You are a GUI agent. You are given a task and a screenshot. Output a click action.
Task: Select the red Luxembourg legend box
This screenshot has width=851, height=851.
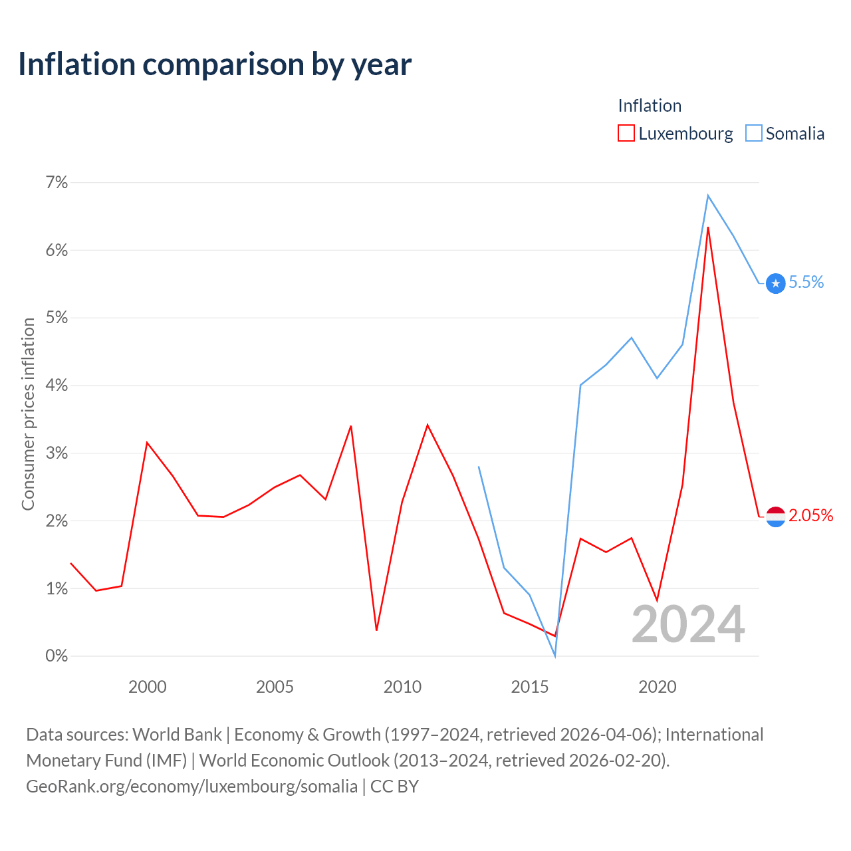[x=626, y=133]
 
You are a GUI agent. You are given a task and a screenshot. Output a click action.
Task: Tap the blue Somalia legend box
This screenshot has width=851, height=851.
[x=753, y=133]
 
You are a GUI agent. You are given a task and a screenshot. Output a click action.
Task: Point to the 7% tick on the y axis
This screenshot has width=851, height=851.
[x=57, y=182]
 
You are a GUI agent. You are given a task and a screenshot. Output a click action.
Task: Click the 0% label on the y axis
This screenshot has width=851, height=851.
[x=57, y=656]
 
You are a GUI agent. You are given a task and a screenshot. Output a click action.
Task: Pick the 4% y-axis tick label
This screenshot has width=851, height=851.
[x=57, y=385]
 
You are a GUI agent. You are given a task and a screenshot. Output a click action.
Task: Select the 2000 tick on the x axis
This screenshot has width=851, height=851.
[x=147, y=687]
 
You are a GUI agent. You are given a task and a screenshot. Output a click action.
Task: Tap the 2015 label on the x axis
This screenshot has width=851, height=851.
[x=529, y=687]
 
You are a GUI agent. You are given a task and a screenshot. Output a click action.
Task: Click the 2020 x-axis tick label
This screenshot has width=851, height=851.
[x=657, y=687]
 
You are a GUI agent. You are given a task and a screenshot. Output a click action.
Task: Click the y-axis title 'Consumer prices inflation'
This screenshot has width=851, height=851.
[x=29, y=414]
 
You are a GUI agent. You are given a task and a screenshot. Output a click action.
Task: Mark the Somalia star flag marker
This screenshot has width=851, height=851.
[x=775, y=283]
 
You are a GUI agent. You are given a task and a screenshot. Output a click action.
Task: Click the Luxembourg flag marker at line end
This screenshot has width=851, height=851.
[x=775, y=517]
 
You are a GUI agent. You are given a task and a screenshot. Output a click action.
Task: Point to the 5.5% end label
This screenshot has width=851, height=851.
[x=806, y=282]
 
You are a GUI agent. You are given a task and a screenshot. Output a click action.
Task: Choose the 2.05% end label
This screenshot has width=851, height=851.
[x=811, y=515]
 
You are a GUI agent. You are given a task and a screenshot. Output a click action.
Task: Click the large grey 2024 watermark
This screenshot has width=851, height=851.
[x=688, y=624]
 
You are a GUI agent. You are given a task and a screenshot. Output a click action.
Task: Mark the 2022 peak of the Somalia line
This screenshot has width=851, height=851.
[x=708, y=195]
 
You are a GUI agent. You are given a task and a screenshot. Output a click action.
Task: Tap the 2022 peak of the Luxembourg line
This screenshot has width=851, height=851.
[x=708, y=227]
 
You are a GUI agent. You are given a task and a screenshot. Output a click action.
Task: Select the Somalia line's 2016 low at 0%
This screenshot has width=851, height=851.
[x=555, y=656]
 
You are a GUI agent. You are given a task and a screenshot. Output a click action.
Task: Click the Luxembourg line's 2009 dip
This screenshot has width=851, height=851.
[x=376, y=630]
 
